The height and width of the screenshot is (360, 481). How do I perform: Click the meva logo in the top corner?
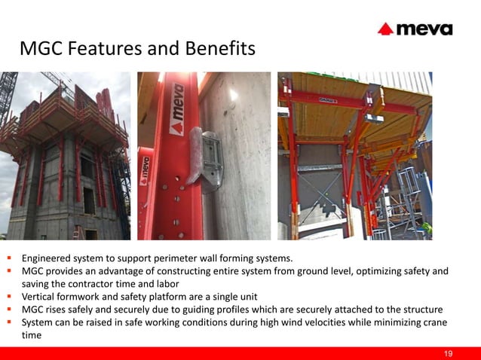coord(415,29)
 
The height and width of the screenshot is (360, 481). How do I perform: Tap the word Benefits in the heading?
coord(219,49)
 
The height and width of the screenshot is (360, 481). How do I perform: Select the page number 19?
coord(449,354)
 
